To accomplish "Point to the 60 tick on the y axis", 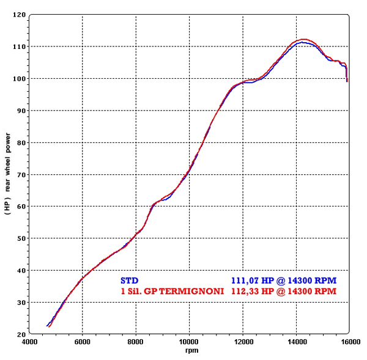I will pos(20,207).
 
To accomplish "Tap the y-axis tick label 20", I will pos(20,335).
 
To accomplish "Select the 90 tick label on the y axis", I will pos(20,111).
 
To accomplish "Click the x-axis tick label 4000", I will pos(29,342).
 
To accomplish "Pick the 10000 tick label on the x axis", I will pos(189,342).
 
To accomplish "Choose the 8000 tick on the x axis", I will pos(136,342).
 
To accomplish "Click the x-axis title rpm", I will pos(189,351).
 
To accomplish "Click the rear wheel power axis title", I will pos(7,175).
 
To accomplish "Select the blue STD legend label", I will pos(130,281).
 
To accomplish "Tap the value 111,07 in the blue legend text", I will pos(243,281).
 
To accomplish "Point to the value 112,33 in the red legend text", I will pos(243,291).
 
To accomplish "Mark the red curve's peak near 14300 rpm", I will pos(304,39).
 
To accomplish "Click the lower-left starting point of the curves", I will pos(48,326).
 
